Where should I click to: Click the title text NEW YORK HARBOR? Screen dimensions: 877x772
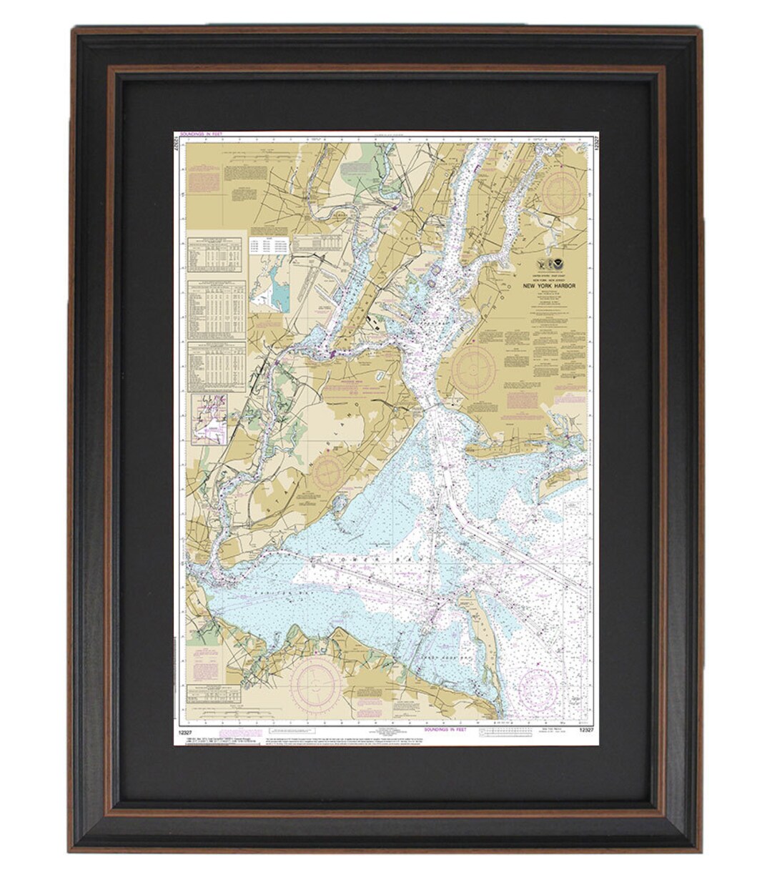pos(549,286)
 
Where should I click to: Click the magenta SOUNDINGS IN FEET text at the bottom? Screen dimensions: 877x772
pos(445,730)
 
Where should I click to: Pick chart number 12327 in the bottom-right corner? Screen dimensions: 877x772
pos(585,730)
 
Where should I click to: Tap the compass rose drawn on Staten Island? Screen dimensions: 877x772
pos(328,473)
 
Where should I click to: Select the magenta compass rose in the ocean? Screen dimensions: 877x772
pos(538,690)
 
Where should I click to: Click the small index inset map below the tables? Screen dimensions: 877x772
pos(209,420)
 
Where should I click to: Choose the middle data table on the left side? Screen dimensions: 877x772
pos(216,309)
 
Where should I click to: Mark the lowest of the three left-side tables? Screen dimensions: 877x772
pos(216,366)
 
